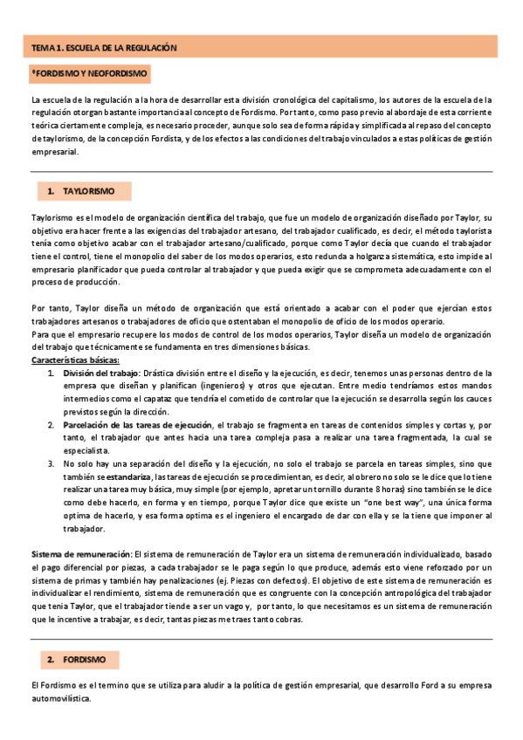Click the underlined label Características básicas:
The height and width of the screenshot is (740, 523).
click(75, 360)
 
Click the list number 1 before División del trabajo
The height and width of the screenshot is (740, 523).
click(52, 373)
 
